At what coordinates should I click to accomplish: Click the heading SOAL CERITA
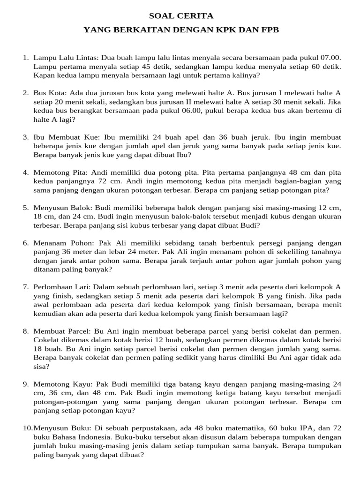click(180, 16)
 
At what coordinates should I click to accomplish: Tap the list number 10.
click(27, 428)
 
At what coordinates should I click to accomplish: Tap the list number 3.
click(26, 137)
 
